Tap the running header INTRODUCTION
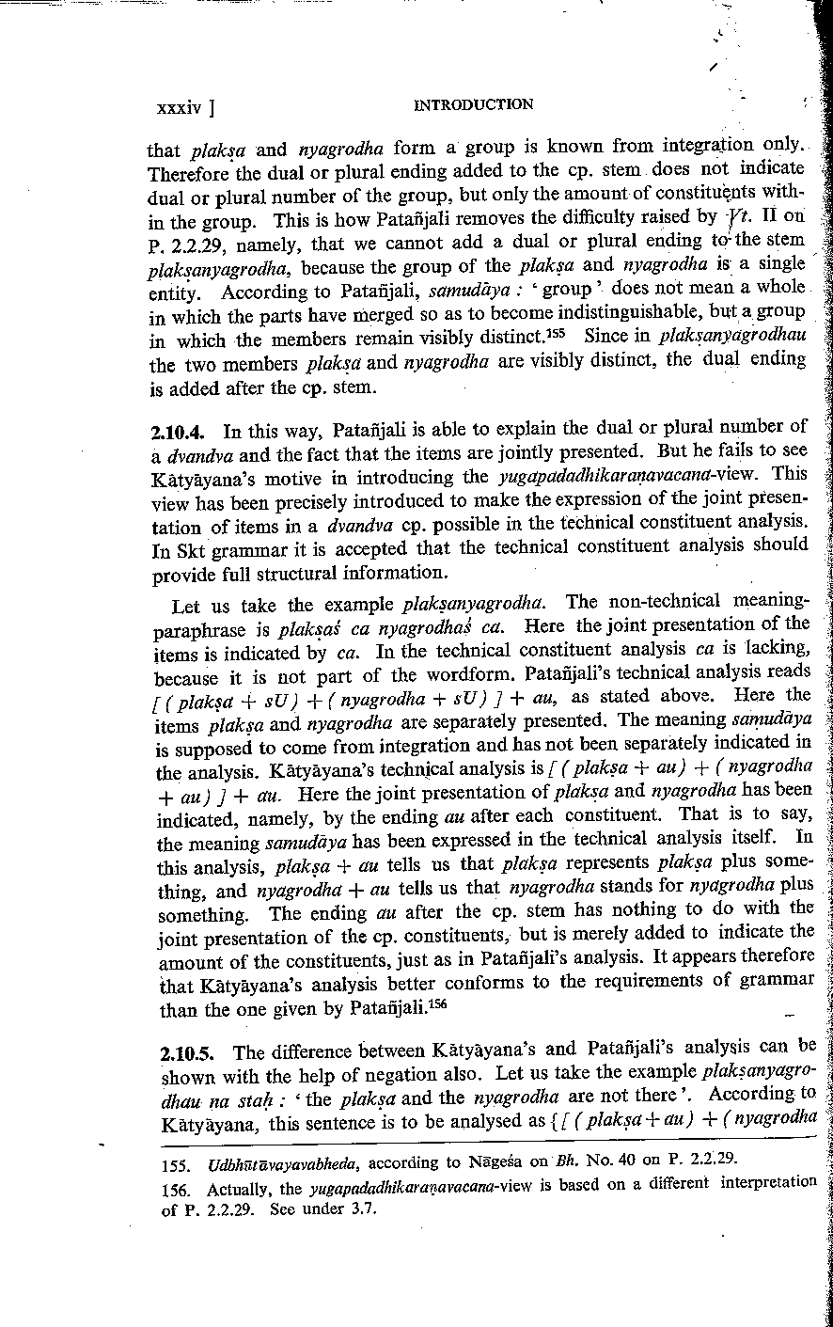(473, 104)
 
